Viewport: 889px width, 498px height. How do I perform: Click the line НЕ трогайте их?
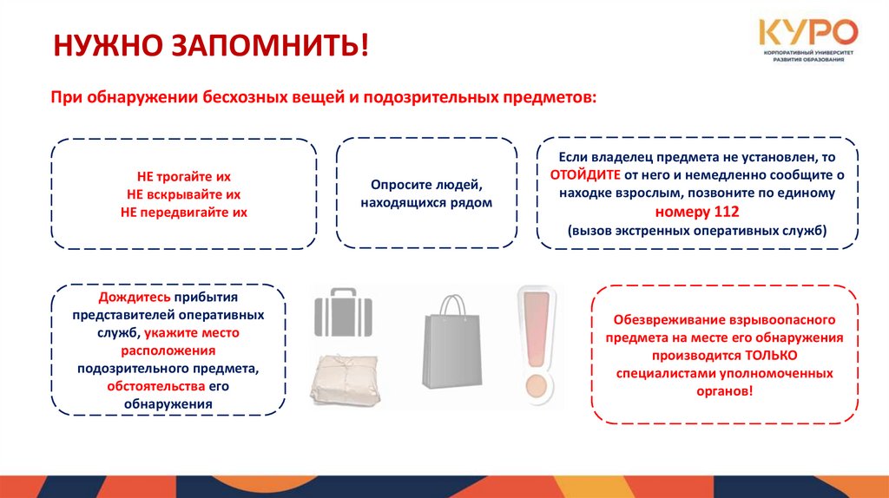coord(183,176)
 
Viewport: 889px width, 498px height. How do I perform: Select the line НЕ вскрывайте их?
coord(183,194)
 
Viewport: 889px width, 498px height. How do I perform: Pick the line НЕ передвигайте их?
coord(183,213)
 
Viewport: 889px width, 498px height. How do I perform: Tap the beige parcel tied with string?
coord(344,379)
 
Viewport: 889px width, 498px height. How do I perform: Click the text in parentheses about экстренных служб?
coord(697,232)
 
